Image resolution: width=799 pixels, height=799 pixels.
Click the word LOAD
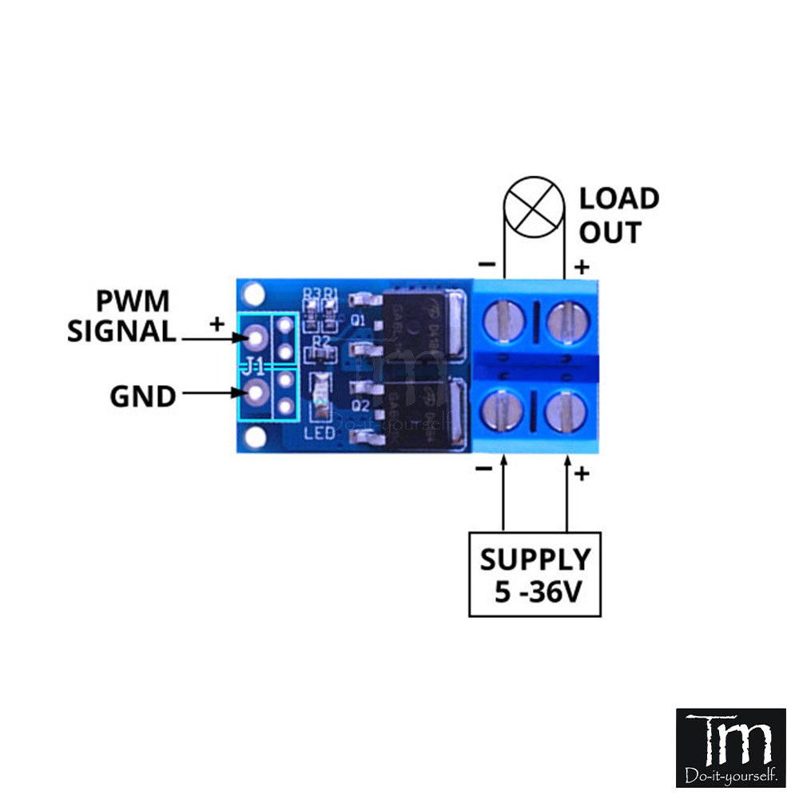619,198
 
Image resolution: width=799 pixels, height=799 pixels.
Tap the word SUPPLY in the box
535,559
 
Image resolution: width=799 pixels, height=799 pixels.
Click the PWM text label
133,302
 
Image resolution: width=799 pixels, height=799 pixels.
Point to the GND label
143,396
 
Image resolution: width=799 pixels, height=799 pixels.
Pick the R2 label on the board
321,342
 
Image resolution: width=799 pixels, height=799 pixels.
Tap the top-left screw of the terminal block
504,322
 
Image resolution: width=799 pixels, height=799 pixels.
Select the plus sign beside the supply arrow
582,475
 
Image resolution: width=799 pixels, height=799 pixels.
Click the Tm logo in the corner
731,747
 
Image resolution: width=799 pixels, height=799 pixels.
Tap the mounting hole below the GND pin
255,436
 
